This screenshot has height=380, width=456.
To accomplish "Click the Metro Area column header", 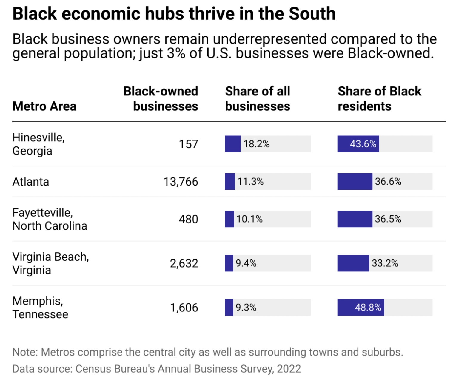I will coord(44,106).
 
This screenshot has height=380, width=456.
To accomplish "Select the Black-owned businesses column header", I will coord(161,99).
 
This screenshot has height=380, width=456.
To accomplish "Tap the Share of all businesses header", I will coord(258,99).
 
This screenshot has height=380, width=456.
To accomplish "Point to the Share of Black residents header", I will coord(379,99).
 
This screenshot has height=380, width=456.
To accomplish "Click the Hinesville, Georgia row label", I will coord(38,144).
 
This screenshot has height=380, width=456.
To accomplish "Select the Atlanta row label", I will coord(31,182).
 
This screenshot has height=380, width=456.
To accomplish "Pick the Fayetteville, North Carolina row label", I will coord(50,219).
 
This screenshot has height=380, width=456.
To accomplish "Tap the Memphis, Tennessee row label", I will coord(40,308).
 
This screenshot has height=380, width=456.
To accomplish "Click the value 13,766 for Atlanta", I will coord(181,182).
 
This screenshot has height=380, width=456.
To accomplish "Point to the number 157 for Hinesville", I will coord(189,144).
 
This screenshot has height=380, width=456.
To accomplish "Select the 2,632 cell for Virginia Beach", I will coord(184,263).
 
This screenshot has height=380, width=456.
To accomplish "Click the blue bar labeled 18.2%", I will coord(232,144).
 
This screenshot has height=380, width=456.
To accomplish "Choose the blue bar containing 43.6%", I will coord(358,144).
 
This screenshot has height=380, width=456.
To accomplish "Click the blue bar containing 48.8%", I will coord(361,308).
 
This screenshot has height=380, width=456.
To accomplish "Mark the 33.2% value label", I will coord(385,263).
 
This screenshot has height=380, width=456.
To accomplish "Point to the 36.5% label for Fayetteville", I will coord(388,219).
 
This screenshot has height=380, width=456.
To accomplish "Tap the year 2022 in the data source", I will coord(289,369).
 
